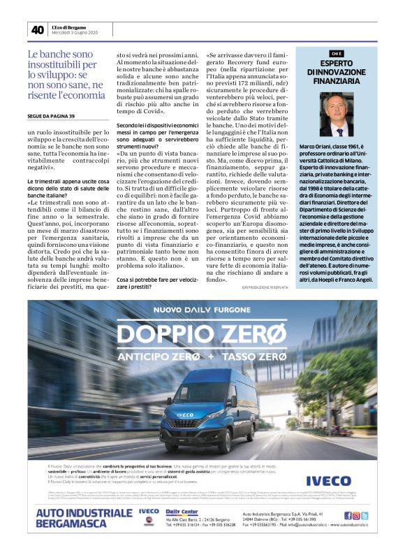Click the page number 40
coord(37,29)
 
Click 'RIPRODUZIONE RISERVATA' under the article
coord(265,287)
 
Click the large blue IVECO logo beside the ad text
coord(328,480)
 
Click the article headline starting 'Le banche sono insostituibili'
coord(66,74)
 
